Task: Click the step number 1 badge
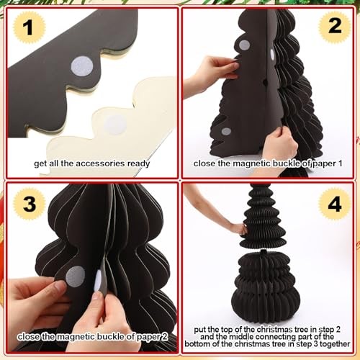click(29, 27)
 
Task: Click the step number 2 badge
click(335, 26)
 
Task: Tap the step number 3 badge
click(30, 204)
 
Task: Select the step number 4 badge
click(335, 204)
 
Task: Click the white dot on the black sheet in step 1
click(82, 67)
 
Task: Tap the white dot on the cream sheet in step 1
click(115, 125)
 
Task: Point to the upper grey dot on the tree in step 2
click(244, 45)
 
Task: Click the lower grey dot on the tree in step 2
click(226, 131)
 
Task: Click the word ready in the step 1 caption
click(138, 164)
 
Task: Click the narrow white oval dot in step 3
click(97, 280)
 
